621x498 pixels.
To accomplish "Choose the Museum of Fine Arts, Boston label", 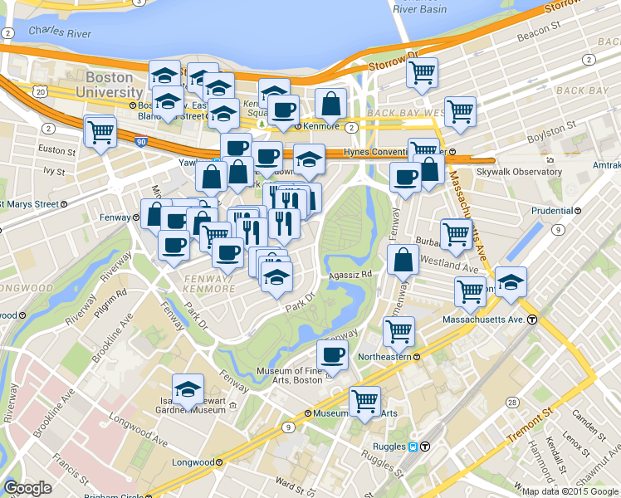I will pyautogui.click(x=289, y=375).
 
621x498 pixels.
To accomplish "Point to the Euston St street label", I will pyautogui.click(x=57, y=151).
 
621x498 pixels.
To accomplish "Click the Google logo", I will pyautogui.click(x=28, y=488).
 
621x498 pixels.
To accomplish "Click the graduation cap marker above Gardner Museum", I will pyautogui.click(x=188, y=388).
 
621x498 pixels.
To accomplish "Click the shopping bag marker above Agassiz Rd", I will pyautogui.click(x=403, y=259).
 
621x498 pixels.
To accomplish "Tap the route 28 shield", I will pyautogui.click(x=513, y=402).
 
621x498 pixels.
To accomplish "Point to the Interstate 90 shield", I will pyautogui.click(x=143, y=142).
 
